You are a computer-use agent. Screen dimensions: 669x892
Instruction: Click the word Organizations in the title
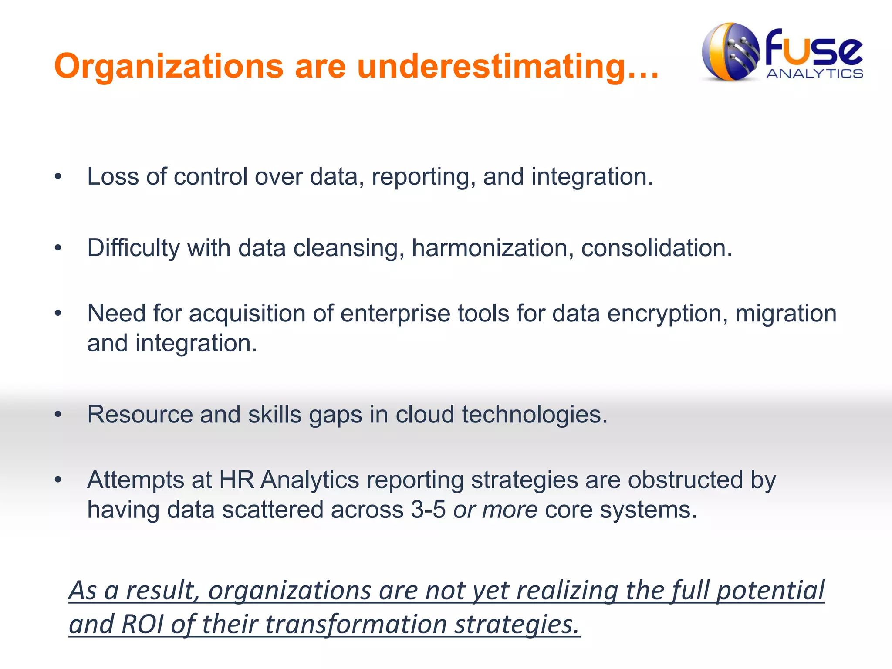169,66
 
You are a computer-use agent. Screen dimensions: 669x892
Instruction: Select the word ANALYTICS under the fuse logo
814,74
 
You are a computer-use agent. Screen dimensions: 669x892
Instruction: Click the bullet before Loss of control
58,177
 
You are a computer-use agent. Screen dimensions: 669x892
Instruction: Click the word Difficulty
133,248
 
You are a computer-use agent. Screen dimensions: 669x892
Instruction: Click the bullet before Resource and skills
58,415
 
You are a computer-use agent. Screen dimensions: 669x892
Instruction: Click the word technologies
534,415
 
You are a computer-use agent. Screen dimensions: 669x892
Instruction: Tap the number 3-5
428,510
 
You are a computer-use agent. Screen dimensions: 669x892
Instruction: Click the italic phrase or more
495,510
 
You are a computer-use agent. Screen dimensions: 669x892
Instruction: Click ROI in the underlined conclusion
142,624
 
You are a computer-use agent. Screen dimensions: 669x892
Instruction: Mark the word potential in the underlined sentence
770,591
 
